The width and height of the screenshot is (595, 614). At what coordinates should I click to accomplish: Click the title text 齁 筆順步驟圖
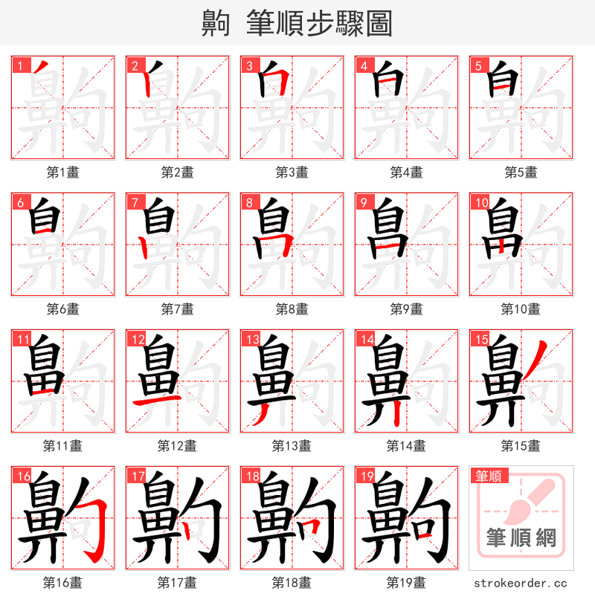point(297,23)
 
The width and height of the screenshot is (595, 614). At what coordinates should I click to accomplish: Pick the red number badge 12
point(136,340)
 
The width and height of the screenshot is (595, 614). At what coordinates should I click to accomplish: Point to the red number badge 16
point(22,476)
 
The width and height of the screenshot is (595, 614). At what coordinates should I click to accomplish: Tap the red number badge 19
point(365,476)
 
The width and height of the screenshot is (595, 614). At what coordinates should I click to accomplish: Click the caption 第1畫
point(63,172)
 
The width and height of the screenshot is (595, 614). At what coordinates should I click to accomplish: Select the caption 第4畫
point(407,172)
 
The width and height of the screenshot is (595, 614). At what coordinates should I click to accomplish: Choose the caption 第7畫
point(178,309)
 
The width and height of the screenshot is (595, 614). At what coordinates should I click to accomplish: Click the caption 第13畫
point(292,446)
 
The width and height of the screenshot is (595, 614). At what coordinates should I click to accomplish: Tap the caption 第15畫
point(521,446)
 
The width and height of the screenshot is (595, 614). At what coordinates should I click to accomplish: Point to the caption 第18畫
point(292,583)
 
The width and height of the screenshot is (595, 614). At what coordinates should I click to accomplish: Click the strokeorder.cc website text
point(521,584)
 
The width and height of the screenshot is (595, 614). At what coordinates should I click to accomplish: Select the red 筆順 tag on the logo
point(489,476)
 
